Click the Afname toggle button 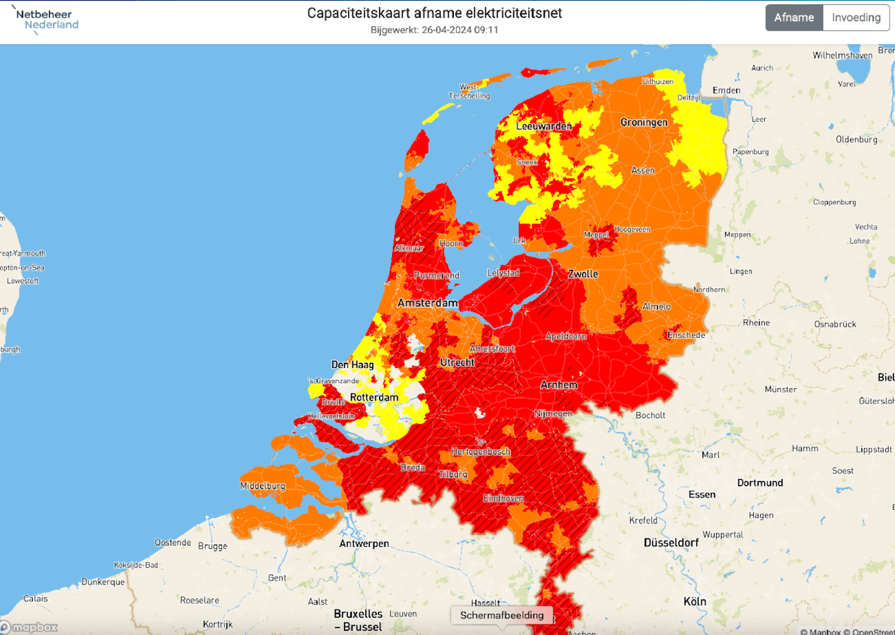pos(794,17)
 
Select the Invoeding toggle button pos(856,17)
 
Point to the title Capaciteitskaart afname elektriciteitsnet pos(434,13)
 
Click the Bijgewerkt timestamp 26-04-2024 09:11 pos(434,30)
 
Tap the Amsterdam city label pos(427,303)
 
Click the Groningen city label pos(644,122)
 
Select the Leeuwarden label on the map pos(544,127)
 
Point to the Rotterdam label pos(374,397)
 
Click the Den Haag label pos(352,364)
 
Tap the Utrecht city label pos(457,362)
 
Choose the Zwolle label pos(583,273)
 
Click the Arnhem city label pos(559,385)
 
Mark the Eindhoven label pos(503,499)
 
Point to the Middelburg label pos(262,486)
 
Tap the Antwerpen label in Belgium pos(364,543)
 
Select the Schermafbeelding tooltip pos(501,615)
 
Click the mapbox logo pos(29,627)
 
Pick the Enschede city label pos(686,335)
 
